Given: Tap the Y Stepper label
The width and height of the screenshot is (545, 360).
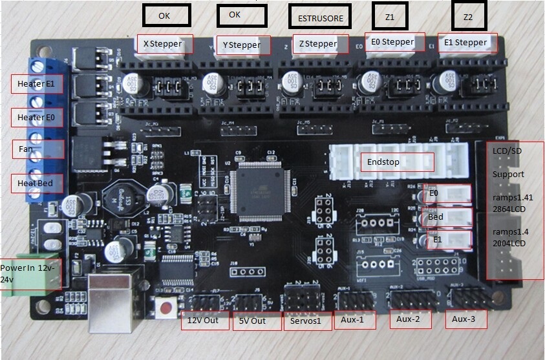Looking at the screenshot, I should pos(242,45).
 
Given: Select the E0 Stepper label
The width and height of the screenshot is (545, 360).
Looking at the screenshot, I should pos(393,42).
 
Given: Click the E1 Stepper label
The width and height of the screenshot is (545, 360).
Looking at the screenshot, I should pos(466,43).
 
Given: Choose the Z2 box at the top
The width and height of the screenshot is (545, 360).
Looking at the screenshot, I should pos(468,17).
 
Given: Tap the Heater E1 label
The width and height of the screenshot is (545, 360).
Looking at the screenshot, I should pos(36,84).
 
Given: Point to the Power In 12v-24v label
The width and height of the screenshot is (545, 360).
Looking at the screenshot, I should pos(28,273).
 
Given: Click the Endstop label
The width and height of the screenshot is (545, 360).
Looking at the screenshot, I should pos(396,162).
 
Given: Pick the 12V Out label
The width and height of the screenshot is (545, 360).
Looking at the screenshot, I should pos(204,321).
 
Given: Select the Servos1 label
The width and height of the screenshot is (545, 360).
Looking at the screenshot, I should pos(306,321).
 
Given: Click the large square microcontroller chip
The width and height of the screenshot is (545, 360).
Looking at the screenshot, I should pos(261,187).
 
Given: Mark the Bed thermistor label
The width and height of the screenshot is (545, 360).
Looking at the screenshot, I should pos(436,217).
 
